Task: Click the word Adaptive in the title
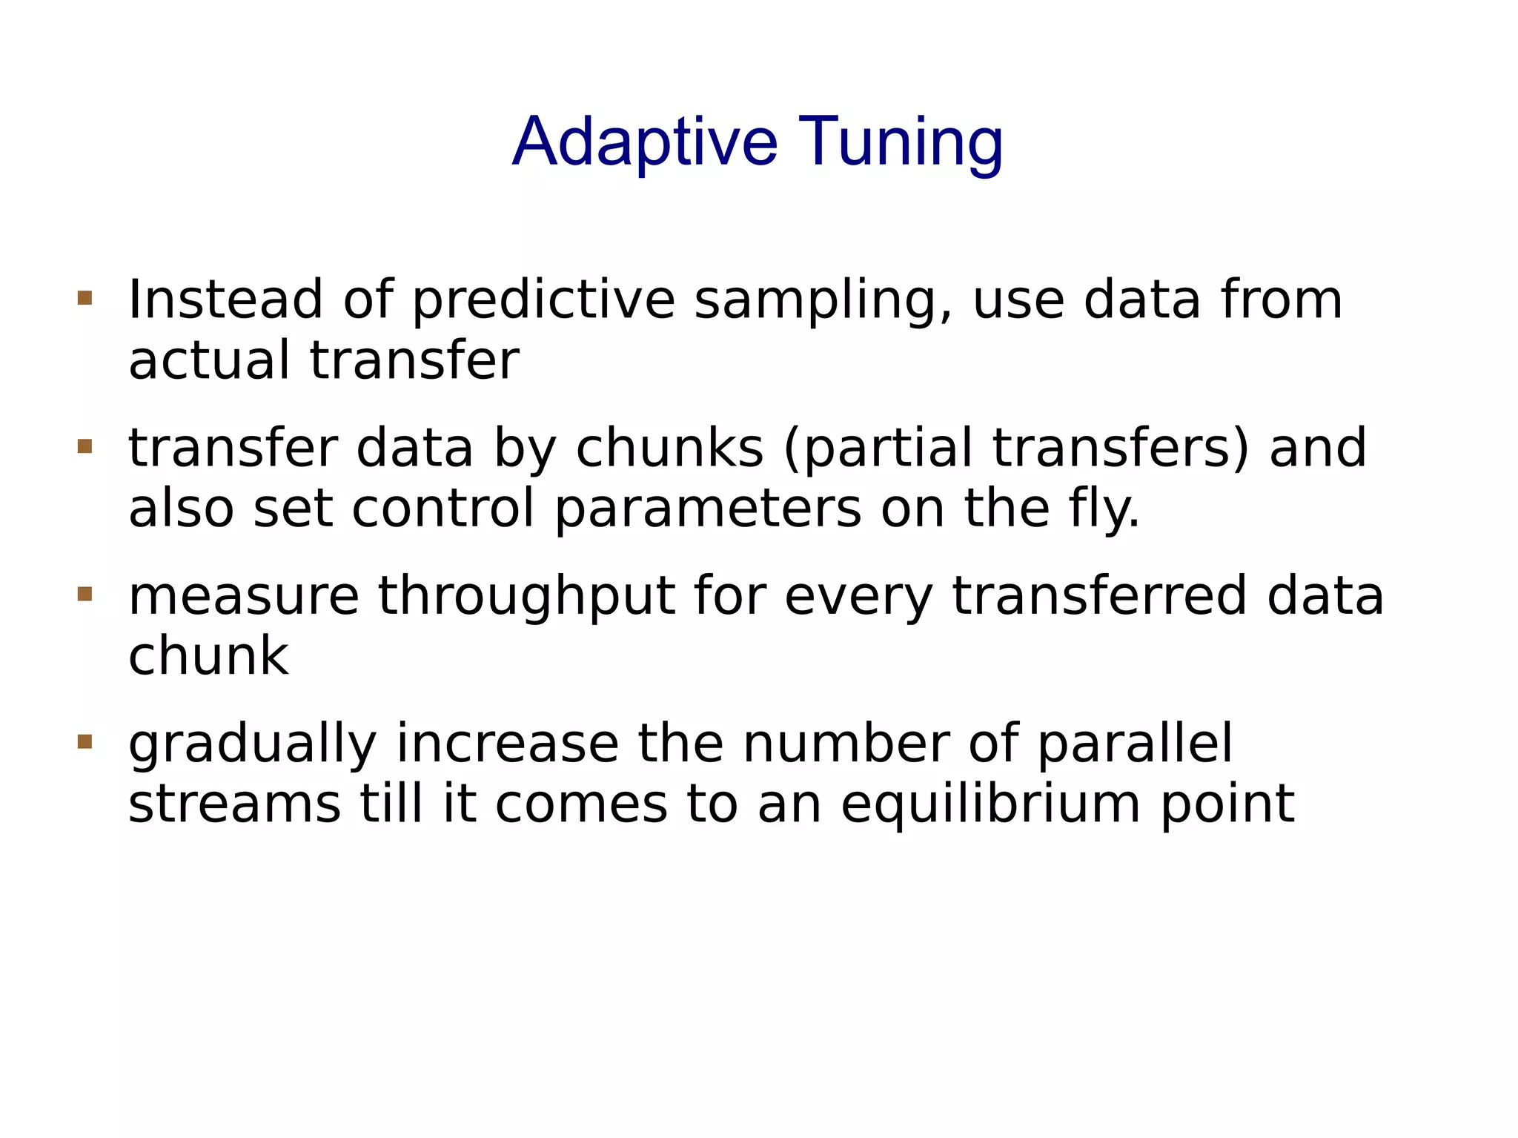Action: click(x=644, y=142)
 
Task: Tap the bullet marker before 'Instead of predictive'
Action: click(x=84, y=298)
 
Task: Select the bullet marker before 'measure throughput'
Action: click(x=84, y=594)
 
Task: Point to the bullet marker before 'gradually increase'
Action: click(x=84, y=741)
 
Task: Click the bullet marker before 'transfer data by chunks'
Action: click(x=84, y=446)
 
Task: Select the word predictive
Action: click(x=543, y=300)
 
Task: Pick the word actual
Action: click(x=209, y=360)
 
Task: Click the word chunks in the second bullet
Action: click(x=669, y=448)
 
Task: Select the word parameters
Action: click(x=708, y=509)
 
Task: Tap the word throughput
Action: click(x=527, y=596)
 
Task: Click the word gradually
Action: click(x=252, y=744)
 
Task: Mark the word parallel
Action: click(x=1134, y=744)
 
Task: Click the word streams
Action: click(x=234, y=804)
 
